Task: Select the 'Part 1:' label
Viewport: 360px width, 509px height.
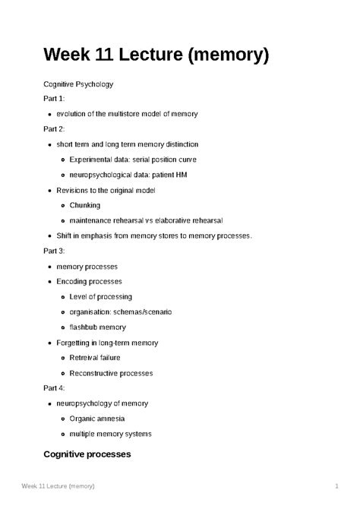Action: [55, 99]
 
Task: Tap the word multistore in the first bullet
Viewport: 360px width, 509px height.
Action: [128, 114]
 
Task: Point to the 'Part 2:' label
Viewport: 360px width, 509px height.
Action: [55, 129]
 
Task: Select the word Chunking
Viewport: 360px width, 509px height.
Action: [84, 205]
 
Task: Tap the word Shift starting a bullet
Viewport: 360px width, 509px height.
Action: [66, 236]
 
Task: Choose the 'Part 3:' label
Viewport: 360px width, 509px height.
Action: [55, 251]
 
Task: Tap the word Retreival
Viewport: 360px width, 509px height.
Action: [85, 358]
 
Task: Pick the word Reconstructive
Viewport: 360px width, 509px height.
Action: [95, 373]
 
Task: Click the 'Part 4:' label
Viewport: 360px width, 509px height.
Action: [55, 388]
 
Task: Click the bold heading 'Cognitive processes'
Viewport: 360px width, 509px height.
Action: [87, 454]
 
